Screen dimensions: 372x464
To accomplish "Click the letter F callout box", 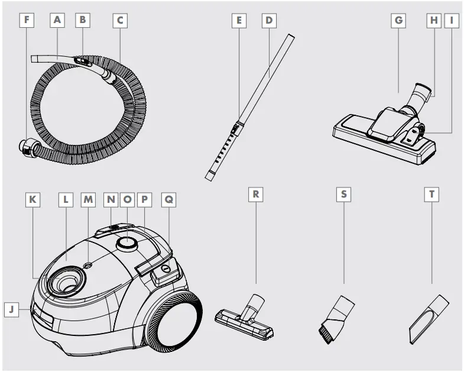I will [26, 20].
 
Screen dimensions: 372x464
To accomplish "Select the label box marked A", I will [57, 20].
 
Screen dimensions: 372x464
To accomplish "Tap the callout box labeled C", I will [119, 20].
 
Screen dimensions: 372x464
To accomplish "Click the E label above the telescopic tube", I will [239, 20].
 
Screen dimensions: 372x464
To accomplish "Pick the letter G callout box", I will [399, 20].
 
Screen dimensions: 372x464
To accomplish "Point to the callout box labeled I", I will [452, 20].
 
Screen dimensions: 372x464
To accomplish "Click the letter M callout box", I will [89, 200].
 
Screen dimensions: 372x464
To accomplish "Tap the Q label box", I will [168, 200].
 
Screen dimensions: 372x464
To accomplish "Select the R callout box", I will [255, 194].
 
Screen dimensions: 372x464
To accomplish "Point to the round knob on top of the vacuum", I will [126, 242].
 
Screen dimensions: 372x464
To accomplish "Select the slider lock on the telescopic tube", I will [236, 128].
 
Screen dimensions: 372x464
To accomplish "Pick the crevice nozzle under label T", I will [427, 319].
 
